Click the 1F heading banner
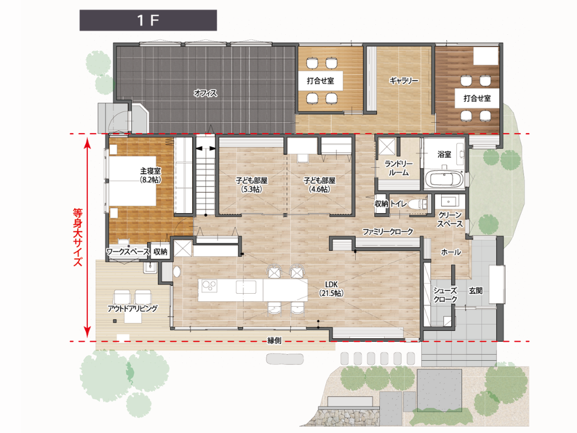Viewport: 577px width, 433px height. click(x=148, y=20)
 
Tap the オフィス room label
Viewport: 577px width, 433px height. click(x=205, y=93)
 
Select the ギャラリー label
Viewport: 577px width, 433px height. click(x=403, y=80)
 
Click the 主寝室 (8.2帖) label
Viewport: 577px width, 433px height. click(x=150, y=175)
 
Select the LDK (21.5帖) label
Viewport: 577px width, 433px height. click(x=331, y=289)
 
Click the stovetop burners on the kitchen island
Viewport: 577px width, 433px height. click(x=209, y=286)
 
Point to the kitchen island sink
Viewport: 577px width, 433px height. click(x=246, y=287)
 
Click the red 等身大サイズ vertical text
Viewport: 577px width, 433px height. click(x=78, y=237)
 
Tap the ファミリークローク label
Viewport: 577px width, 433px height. click(x=388, y=232)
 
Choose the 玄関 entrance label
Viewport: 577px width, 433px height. click(x=476, y=291)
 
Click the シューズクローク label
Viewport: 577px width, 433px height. click(x=445, y=295)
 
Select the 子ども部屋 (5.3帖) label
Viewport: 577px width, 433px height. click(x=252, y=185)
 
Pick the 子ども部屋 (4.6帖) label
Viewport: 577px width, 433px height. click(x=319, y=185)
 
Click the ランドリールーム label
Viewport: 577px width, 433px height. click(x=398, y=168)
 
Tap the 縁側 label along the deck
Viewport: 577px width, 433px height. click(x=274, y=341)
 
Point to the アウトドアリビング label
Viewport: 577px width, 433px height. click(x=132, y=308)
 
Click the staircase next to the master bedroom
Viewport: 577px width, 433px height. click(x=205, y=175)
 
